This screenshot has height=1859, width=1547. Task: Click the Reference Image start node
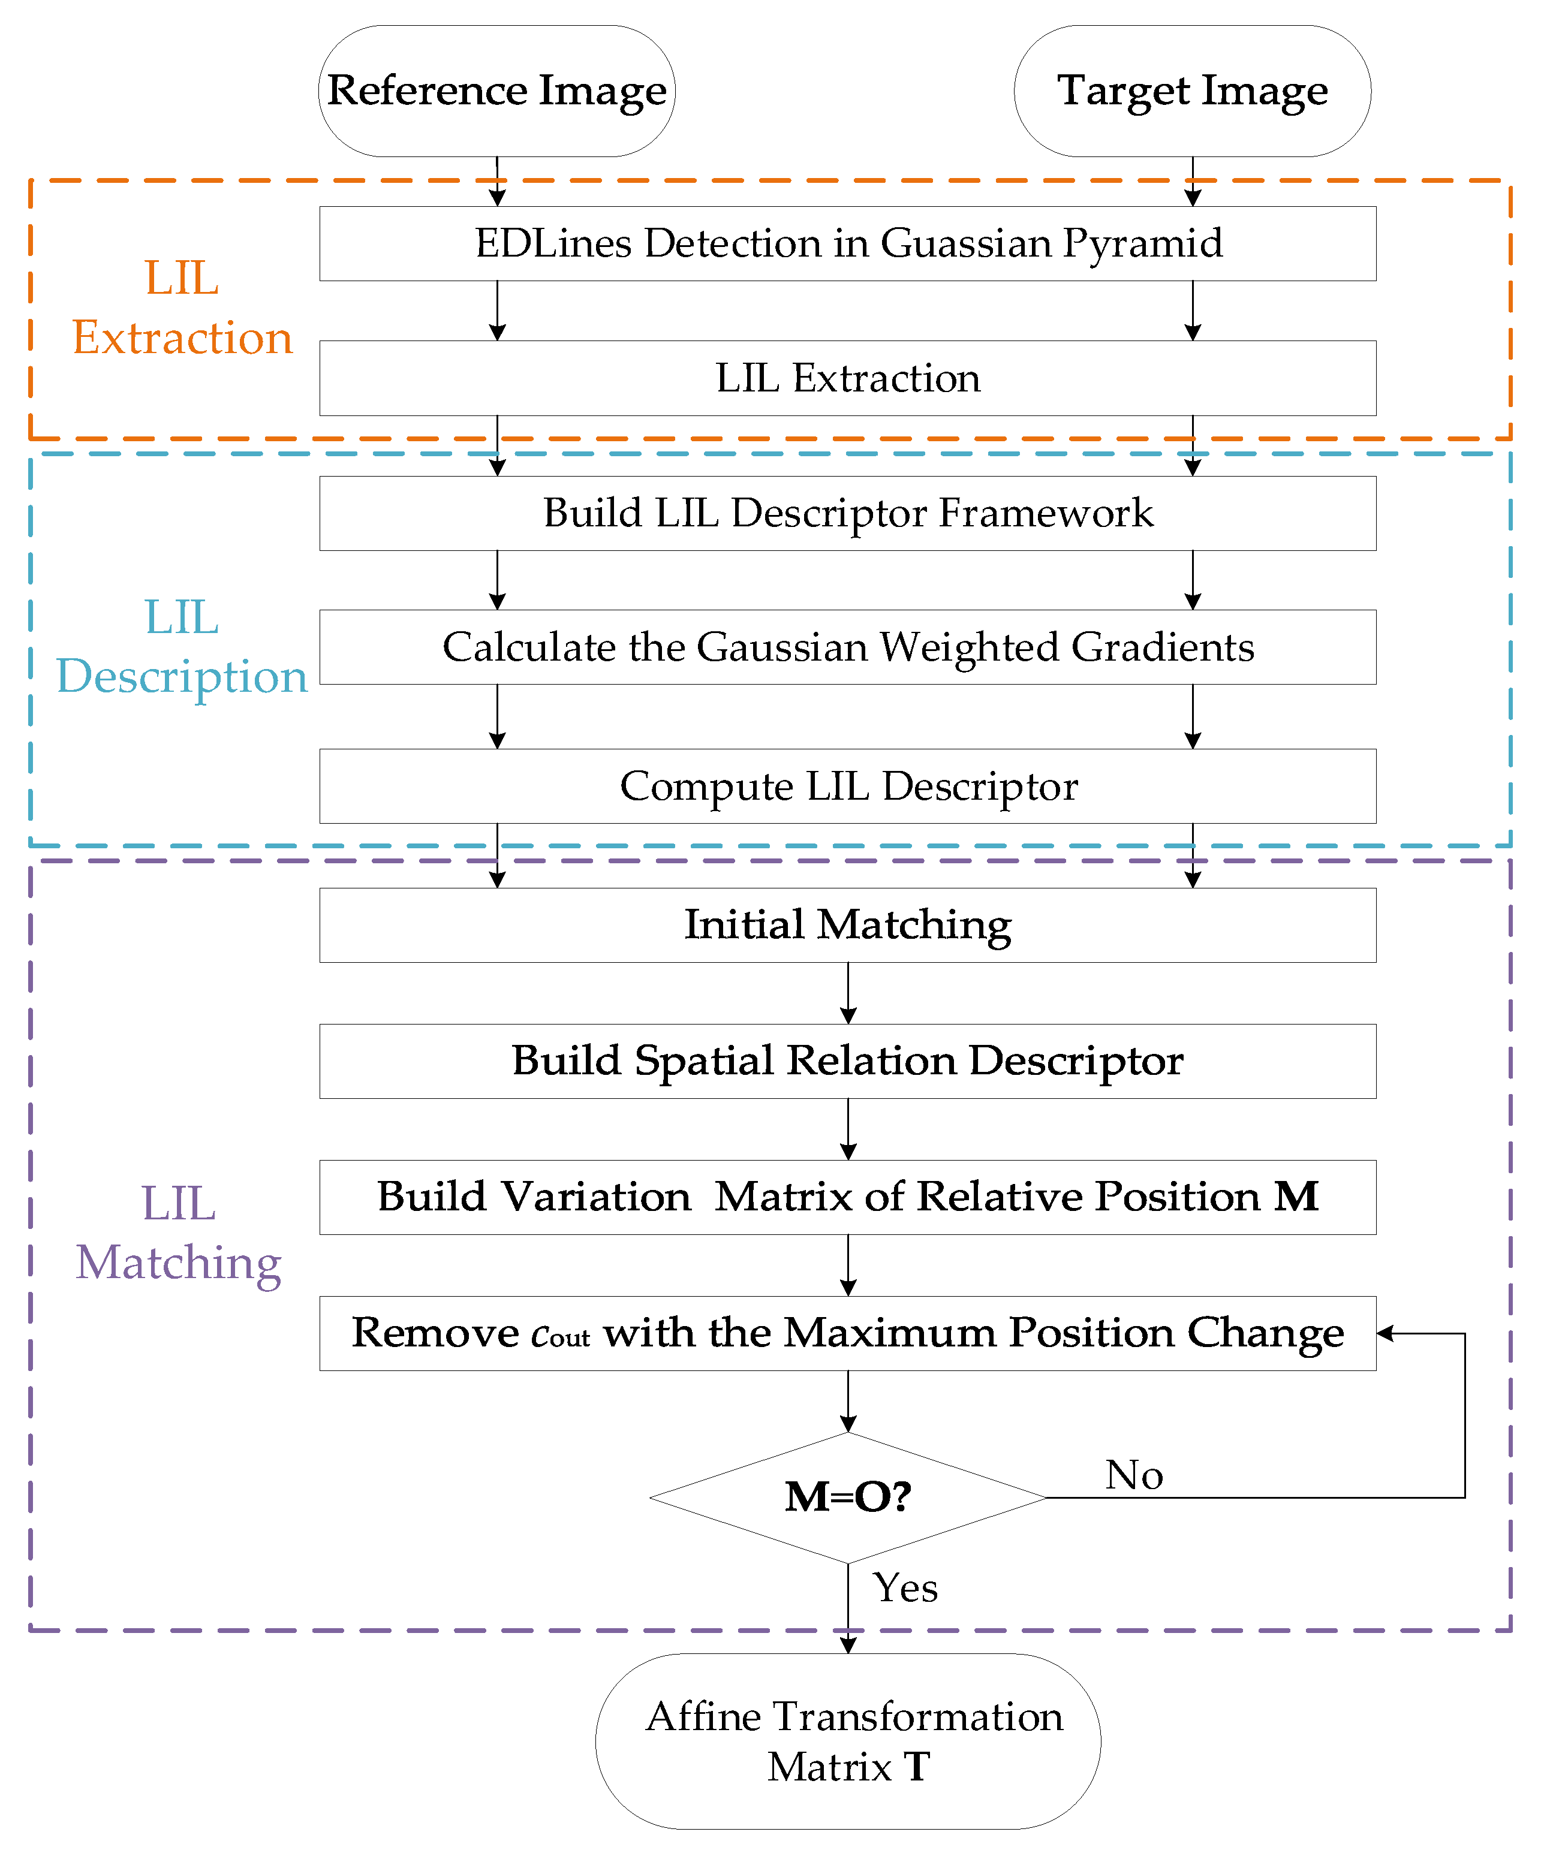tap(496, 91)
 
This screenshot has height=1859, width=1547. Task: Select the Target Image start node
tap(1192, 91)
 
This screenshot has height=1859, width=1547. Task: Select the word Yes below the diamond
tap(905, 1588)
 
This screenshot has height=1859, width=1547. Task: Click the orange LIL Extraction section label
tap(182, 308)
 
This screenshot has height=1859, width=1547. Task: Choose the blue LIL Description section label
tap(182, 647)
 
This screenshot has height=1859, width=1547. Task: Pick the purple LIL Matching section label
tap(179, 1233)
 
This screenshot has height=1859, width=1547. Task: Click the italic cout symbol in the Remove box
tap(561, 1335)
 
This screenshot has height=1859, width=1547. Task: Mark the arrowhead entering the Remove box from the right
tap(1386, 1333)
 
